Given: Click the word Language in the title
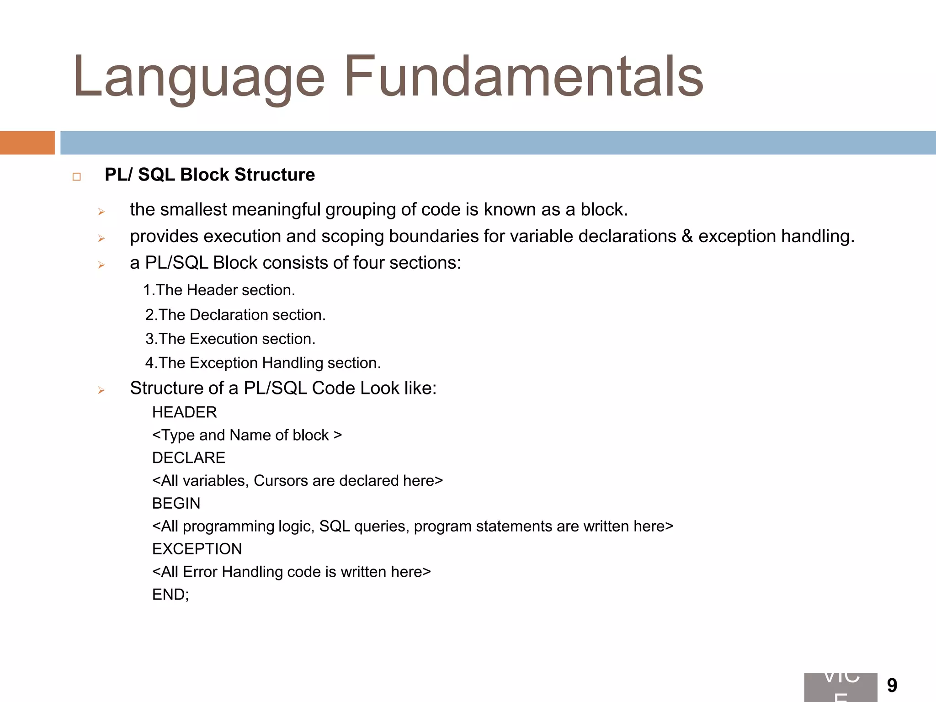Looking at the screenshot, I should coord(199,78).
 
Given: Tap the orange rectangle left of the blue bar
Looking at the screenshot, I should coord(27,143).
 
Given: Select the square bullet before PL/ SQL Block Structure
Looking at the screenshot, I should coord(76,177).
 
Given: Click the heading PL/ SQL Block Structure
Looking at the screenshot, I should coord(210,175).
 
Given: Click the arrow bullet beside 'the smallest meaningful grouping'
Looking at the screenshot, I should coord(101,212).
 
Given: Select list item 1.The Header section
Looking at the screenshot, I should coord(219,290).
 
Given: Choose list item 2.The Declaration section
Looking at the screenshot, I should coord(235,315).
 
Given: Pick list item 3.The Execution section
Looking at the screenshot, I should coord(230,339).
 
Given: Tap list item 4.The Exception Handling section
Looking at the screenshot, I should coord(263,363).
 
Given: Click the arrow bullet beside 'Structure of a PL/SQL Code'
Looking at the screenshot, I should coord(101,390).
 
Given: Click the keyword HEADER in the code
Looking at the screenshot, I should coord(184,412).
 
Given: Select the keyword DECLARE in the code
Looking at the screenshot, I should coord(189,458).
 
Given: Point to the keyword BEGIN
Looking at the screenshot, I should coord(176,504).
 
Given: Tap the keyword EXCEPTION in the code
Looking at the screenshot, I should coord(197,549).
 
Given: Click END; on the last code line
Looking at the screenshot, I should coord(170,595).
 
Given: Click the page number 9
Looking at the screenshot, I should coord(892,686).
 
